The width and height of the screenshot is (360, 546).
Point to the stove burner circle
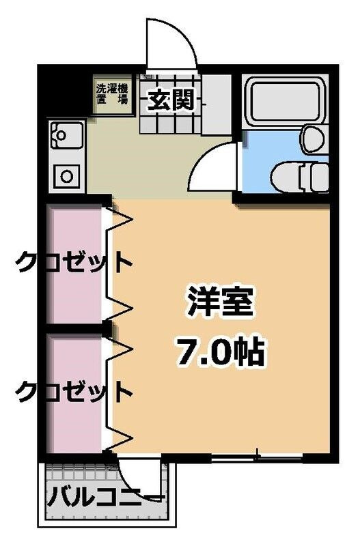coord(67,175)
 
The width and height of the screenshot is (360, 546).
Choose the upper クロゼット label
coord(72,261)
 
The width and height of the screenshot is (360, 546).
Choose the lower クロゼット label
coord(72,392)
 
